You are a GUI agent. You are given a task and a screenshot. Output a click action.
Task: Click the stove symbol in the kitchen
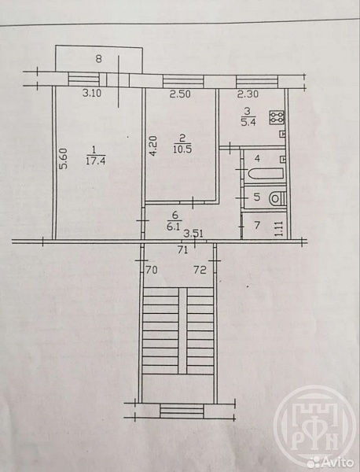pyautogui.click(x=277, y=117)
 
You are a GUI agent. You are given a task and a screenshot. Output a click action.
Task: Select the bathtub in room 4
pyautogui.click(x=265, y=174)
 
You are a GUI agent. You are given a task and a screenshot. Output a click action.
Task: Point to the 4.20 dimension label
pyautogui.click(x=153, y=146)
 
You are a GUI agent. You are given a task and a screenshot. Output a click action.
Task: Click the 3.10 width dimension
pyautogui.click(x=92, y=94)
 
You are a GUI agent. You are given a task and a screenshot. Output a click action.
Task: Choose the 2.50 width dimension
pyautogui.click(x=180, y=94)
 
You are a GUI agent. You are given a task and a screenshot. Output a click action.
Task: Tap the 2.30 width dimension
pyautogui.click(x=248, y=94)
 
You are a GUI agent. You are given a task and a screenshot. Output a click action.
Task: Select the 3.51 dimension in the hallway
pyautogui.click(x=194, y=234)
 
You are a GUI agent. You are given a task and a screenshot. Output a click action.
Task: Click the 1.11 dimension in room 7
pyautogui.click(x=278, y=228)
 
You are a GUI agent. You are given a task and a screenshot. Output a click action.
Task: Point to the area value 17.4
pyautogui.click(x=95, y=161)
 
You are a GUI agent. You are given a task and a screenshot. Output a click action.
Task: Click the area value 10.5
pyautogui.click(x=182, y=149)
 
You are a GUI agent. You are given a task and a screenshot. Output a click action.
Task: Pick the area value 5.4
pyautogui.click(x=248, y=123)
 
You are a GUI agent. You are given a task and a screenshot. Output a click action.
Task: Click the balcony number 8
pyautogui.click(x=99, y=58)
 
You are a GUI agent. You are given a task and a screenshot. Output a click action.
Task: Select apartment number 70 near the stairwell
pyautogui.click(x=151, y=270)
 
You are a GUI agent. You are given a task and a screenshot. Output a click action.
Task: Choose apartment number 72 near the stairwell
pyautogui.click(x=200, y=270)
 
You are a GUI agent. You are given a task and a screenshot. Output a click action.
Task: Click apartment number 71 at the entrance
pyautogui.click(x=182, y=249)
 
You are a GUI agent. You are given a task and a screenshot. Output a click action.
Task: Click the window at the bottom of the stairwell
pyautogui.click(x=182, y=411)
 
